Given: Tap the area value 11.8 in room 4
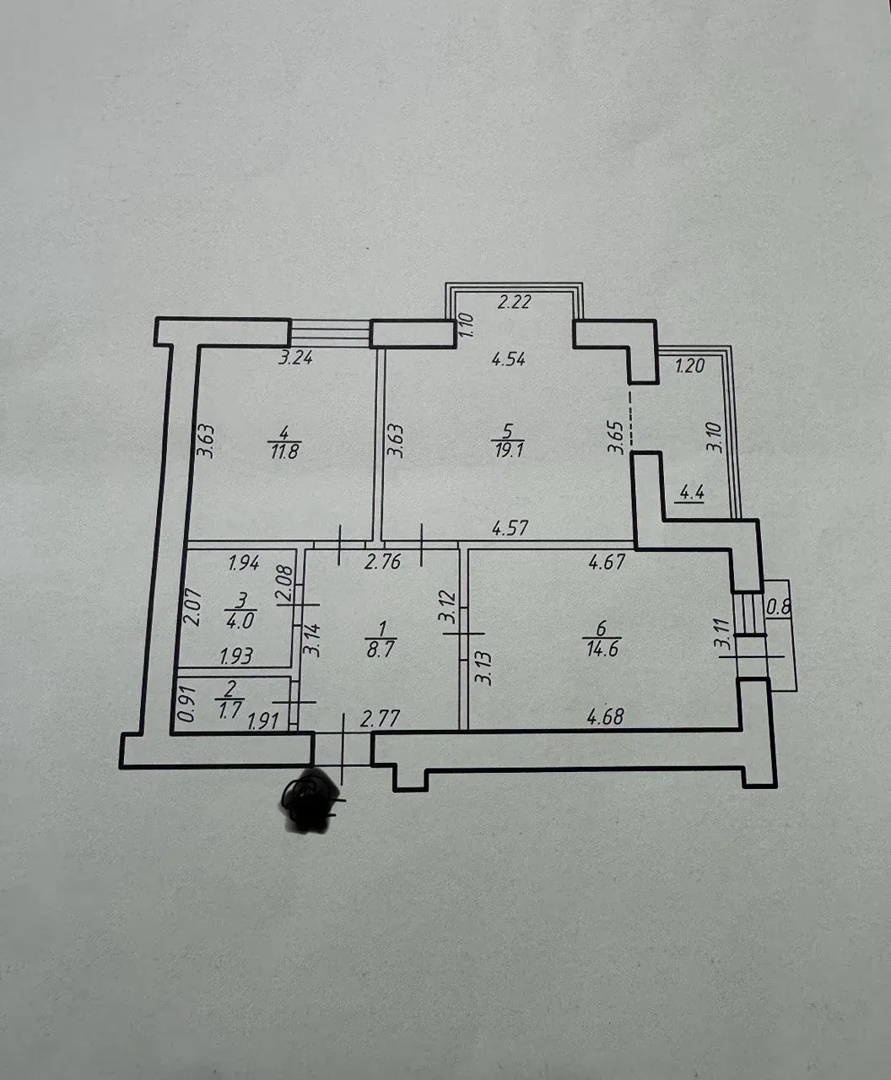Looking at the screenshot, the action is (x=284, y=452).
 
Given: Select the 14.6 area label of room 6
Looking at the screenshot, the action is (x=602, y=649).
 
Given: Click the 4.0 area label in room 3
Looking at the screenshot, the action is (x=240, y=620).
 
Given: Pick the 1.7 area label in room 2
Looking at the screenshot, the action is (x=230, y=709).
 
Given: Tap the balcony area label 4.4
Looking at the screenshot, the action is (x=691, y=493).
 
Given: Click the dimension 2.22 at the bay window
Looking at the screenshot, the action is (x=514, y=301).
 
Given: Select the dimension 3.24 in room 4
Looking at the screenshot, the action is (x=295, y=358).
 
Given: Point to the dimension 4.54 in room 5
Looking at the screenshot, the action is (x=509, y=359).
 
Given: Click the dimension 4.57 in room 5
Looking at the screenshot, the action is (x=510, y=528).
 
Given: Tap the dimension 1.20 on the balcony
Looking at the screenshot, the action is (x=689, y=365).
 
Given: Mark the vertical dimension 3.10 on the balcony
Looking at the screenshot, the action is (x=715, y=438).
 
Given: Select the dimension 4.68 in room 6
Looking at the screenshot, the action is (x=605, y=716).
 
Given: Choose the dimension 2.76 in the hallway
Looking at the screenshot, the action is (x=382, y=562).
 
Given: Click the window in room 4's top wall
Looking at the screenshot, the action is (x=330, y=332).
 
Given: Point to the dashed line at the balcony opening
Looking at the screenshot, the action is (x=630, y=419).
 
